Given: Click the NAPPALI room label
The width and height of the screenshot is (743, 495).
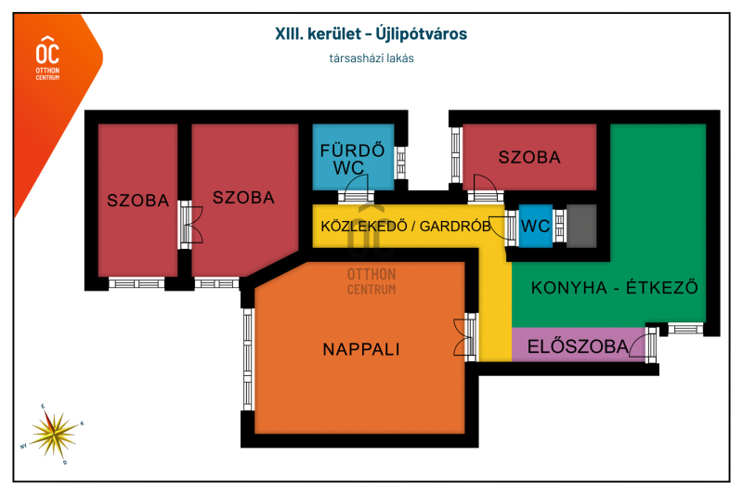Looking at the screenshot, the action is pyautogui.click(x=361, y=349).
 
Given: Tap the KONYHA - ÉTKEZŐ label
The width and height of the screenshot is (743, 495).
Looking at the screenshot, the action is pyautogui.click(x=615, y=288).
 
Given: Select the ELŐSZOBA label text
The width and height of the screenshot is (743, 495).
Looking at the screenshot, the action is pyautogui.click(x=578, y=346).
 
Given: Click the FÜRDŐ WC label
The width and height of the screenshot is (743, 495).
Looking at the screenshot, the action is pyautogui.click(x=352, y=159).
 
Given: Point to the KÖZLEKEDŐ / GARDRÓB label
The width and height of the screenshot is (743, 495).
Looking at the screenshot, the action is pyautogui.click(x=406, y=226).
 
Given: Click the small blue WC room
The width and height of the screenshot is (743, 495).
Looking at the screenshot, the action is pyautogui.click(x=536, y=226).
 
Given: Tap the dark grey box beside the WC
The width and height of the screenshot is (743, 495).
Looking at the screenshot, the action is pyautogui.click(x=581, y=226).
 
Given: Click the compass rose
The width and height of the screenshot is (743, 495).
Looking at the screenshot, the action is pyautogui.click(x=53, y=435).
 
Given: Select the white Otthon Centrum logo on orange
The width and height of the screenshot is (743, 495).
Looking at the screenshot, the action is pyautogui.click(x=48, y=58).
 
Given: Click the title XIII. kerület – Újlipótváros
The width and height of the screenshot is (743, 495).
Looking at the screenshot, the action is pyautogui.click(x=371, y=33).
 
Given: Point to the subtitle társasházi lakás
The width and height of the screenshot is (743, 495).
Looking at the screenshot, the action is pyautogui.click(x=371, y=59).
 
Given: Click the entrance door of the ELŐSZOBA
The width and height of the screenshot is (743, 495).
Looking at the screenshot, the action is pyautogui.click(x=645, y=345).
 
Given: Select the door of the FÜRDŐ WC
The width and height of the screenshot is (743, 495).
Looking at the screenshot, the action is pyautogui.click(x=356, y=189).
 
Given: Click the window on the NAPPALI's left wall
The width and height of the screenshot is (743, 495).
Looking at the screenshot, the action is pyautogui.click(x=248, y=359).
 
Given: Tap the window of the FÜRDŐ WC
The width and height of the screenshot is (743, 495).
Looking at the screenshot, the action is pyautogui.click(x=400, y=163).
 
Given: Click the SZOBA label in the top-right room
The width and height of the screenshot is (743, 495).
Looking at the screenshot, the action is pyautogui.click(x=529, y=157).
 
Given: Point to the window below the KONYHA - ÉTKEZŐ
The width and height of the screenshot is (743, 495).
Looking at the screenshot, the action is pyautogui.click(x=685, y=328).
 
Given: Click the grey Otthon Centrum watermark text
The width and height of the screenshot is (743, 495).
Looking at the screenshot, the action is pyautogui.click(x=371, y=281).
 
